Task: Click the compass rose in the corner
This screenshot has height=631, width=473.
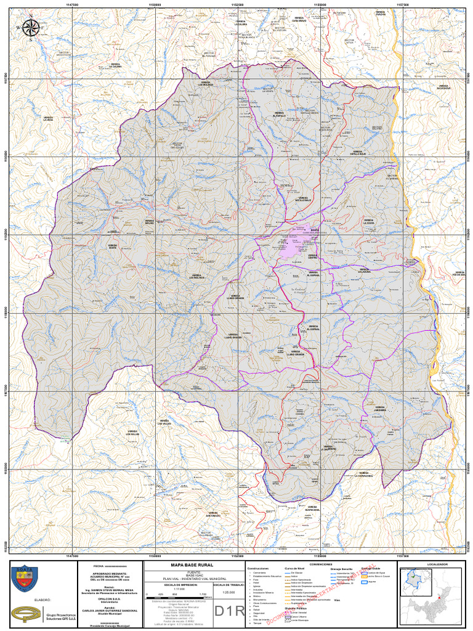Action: pyautogui.click(x=31, y=27)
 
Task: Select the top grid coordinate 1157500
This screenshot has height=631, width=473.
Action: pyautogui.click(x=403, y=4)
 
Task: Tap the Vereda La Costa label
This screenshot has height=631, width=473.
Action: pyautogui.click(x=368, y=221)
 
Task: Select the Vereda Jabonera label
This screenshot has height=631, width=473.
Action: pyautogui.click(x=379, y=409)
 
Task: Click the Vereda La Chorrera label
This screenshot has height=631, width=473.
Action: pyautogui.click(x=330, y=448)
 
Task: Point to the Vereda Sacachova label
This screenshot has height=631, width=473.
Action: pyautogui.click(x=443, y=87)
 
